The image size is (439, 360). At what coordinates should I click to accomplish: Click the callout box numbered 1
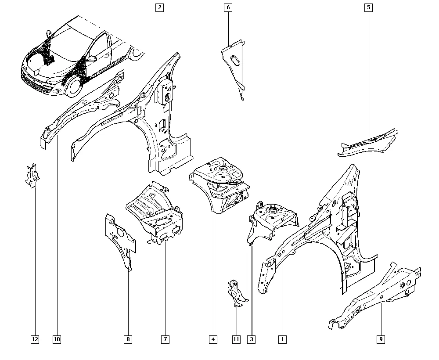[x=282, y=339]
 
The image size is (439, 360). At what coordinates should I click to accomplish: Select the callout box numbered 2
[x=160, y=7]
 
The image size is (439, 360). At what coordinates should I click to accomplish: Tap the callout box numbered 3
[x=252, y=339]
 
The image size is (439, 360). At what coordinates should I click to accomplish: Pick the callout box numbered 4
[x=213, y=339]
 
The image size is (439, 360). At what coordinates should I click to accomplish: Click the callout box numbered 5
[x=369, y=7]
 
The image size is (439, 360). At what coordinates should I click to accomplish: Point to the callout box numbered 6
[x=228, y=7]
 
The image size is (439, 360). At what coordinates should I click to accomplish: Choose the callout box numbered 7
[x=165, y=339]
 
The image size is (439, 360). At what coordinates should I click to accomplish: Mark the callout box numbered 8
[x=128, y=339]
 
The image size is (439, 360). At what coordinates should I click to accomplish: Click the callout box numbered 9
[x=381, y=339]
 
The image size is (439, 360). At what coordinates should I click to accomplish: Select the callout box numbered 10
[x=57, y=339]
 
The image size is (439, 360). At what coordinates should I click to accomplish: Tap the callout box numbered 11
[x=237, y=339]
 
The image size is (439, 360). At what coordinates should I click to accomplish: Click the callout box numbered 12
[x=35, y=339]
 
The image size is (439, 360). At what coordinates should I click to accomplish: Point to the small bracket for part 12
[x=32, y=176]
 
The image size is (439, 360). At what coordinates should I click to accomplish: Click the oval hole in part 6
[x=234, y=61]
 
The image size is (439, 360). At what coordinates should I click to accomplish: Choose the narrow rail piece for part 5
[x=368, y=143]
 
